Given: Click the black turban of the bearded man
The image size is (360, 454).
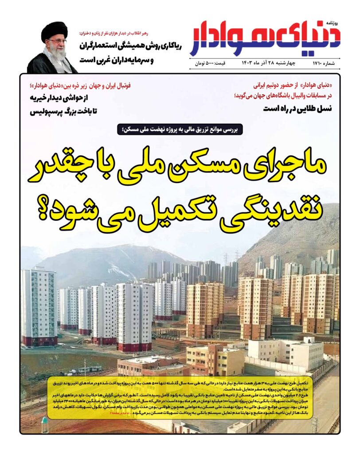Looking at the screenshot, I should [54, 30].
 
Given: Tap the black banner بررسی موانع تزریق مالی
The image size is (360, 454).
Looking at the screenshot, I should [180, 129].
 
